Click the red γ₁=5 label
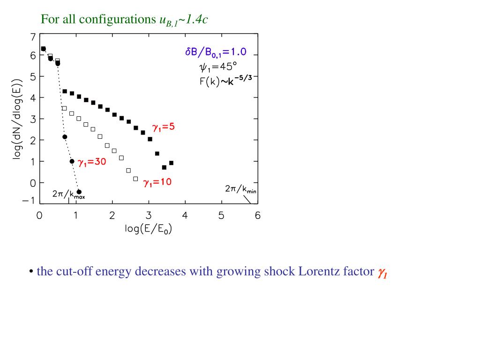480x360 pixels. click(x=164, y=127)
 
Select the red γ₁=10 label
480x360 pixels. click(x=157, y=182)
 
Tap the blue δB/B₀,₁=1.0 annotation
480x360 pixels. click(x=216, y=52)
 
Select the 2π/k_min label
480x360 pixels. click(x=240, y=189)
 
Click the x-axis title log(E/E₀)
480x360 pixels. click(x=149, y=231)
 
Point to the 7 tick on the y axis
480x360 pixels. click(x=32, y=37)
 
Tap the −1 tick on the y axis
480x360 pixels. click(x=30, y=201)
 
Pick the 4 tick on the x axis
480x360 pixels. click(x=185, y=216)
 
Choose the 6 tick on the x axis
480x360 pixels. click(x=257, y=216)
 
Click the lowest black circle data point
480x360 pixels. click(x=79, y=192)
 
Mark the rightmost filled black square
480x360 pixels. click(x=171, y=163)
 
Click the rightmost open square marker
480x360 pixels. click(x=135, y=179)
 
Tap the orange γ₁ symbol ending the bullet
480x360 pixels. click(x=382, y=273)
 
